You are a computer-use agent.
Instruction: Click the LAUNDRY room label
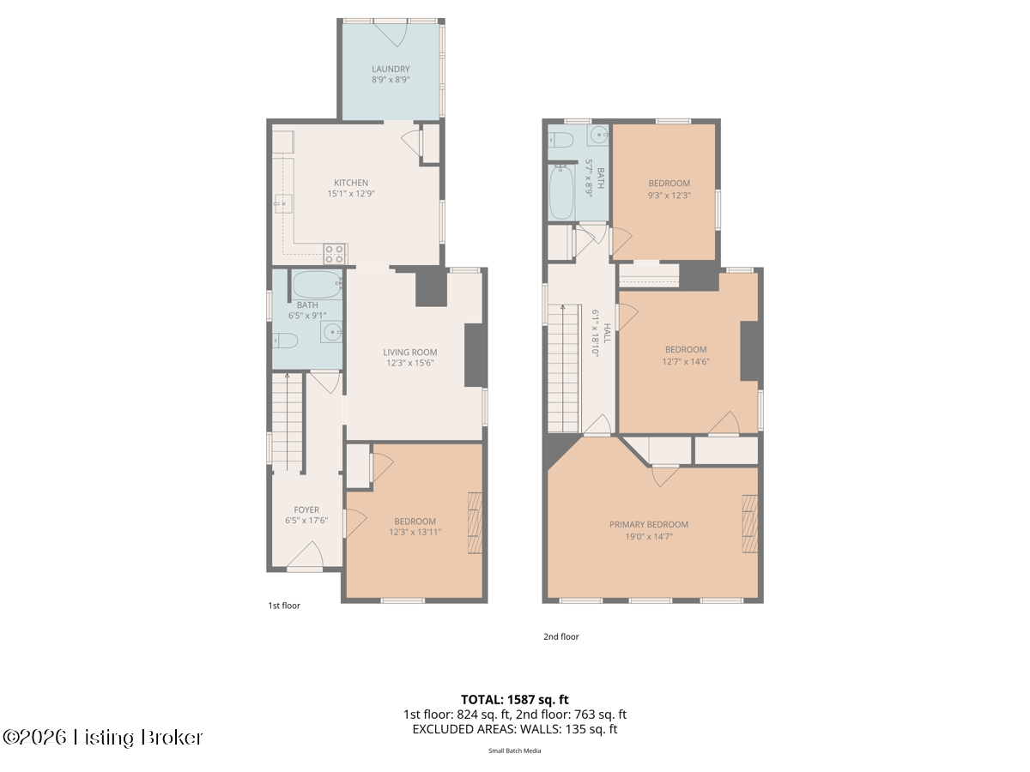click(391, 69)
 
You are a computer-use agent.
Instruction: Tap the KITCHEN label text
click(350, 183)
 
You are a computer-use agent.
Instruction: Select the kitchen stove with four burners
click(335, 254)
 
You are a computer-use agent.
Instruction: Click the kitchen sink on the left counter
click(283, 204)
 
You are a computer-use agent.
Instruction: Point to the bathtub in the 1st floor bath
click(318, 285)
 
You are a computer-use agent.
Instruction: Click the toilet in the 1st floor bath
click(285, 341)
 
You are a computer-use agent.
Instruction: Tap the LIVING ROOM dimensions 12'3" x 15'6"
click(409, 363)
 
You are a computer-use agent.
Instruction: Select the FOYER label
click(306, 510)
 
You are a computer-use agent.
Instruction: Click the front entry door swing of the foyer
click(305, 556)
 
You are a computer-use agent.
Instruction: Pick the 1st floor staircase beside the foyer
click(288, 422)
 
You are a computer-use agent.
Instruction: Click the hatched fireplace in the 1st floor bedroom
click(475, 522)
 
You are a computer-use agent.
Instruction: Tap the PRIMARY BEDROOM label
click(649, 524)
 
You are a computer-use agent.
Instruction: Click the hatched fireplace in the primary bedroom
click(749, 523)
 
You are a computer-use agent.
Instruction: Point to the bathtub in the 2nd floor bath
click(561, 192)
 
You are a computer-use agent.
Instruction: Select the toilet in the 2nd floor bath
click(560, 140)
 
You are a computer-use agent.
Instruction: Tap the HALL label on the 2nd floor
click(607, 333)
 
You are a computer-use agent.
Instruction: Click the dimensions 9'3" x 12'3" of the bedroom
click(669, 195)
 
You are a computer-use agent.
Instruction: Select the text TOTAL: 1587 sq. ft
click(515, 700)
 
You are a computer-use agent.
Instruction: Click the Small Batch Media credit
click(515, 751)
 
